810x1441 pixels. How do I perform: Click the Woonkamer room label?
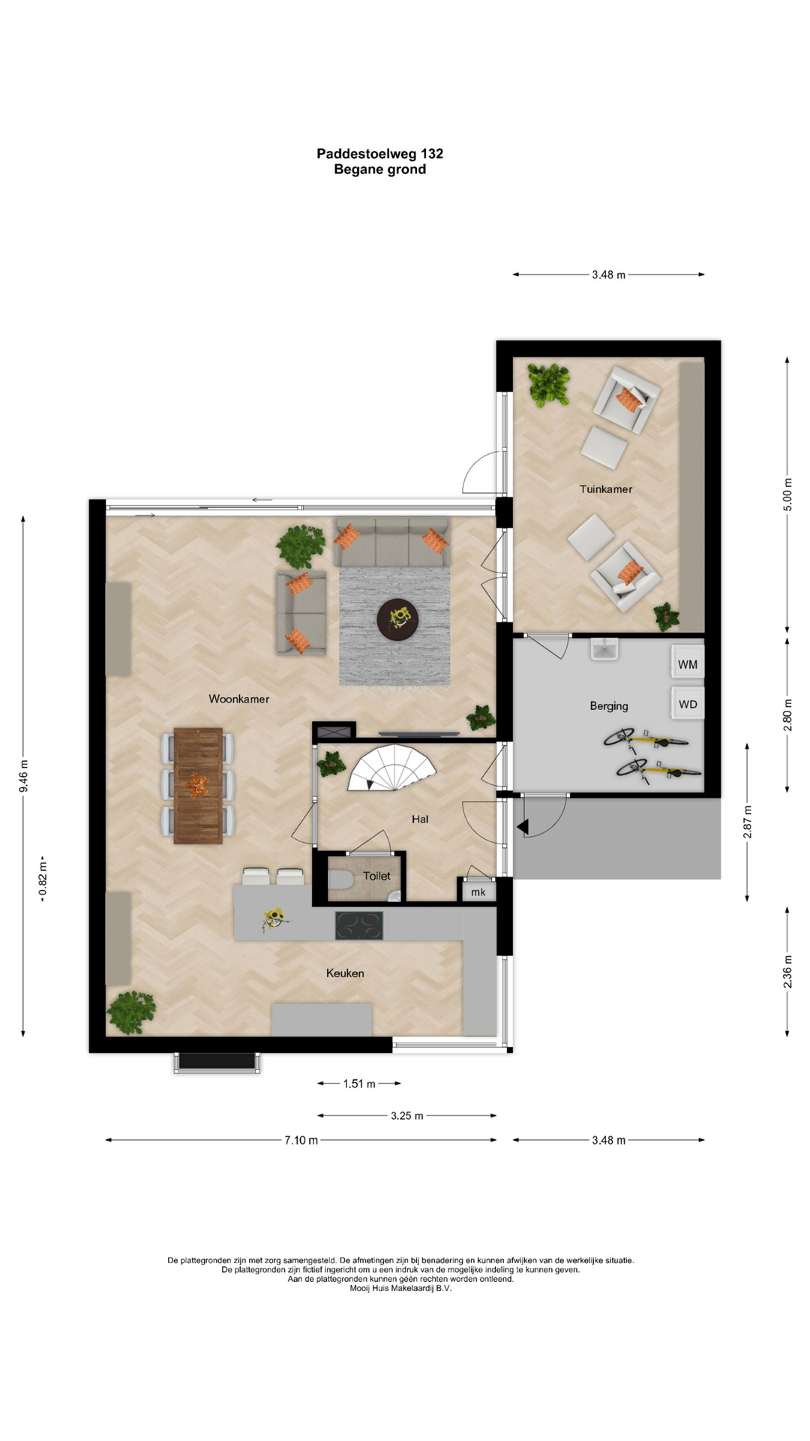pos(238,699)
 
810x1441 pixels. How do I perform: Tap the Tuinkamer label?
pos(606,489)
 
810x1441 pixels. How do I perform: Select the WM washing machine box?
pos(688,663)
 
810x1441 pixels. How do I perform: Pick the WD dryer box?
pos(688,704)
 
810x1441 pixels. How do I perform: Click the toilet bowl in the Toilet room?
pos(341,880)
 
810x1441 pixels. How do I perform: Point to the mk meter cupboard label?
pos(478,892)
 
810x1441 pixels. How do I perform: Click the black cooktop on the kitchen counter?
pos(358,925)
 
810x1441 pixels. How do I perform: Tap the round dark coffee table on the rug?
pos(397,620)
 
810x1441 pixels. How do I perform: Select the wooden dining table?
pos(198,786)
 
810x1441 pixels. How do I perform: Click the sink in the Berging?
pos(604,648)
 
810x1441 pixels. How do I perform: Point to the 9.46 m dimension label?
pos(24,776)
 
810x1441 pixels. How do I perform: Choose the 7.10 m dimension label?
pos(301,1140)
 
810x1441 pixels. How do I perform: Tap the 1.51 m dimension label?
pos(359,1084)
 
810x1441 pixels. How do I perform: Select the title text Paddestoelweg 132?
pos(379,153)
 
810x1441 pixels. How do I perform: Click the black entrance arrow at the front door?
pos(523,827)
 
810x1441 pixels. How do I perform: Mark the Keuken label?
pos(345,973)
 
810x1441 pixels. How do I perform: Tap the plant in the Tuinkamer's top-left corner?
pos(548,384)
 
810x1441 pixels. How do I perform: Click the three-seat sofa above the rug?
pos(391,542)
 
